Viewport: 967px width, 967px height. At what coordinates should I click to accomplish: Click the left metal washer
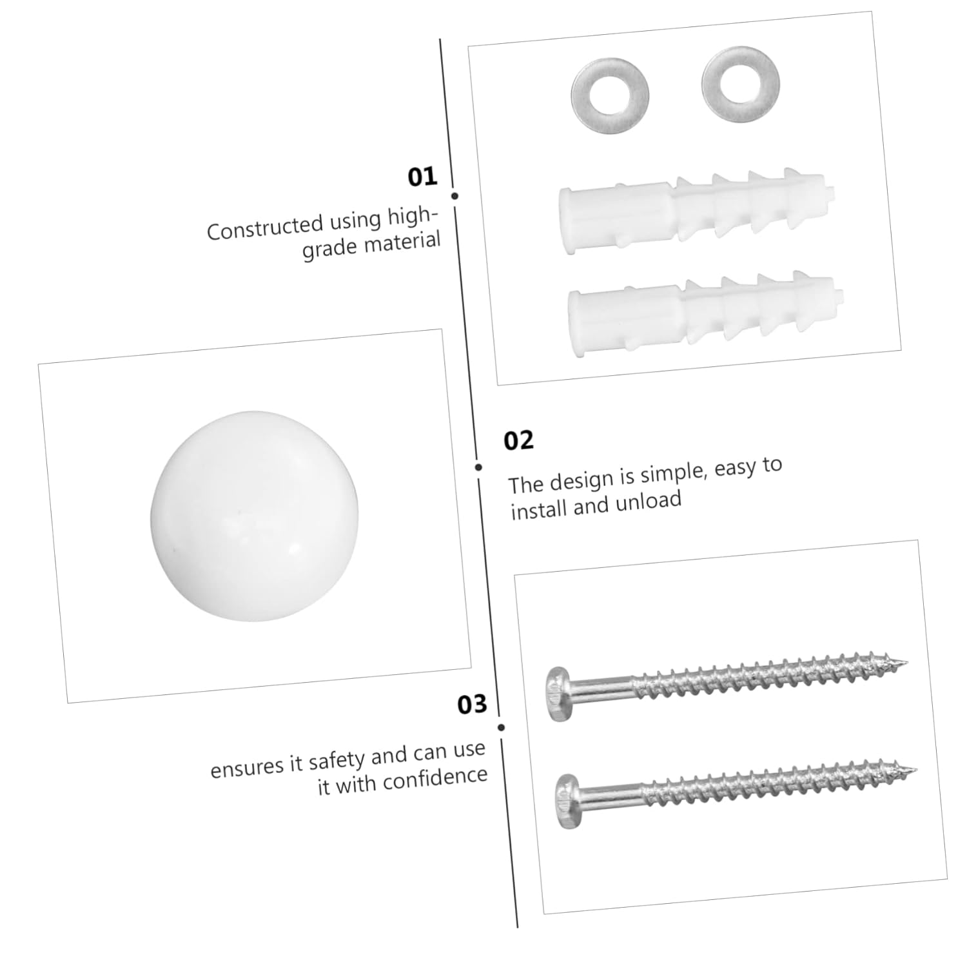coord(610,95)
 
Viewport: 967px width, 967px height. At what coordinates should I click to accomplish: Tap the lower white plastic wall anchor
coord(703,316)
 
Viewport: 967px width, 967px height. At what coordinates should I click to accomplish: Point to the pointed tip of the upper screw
coord(906,662)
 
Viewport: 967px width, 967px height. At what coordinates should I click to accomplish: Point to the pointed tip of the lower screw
coord(915,768)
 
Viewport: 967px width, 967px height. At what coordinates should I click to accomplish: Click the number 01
coord(422,177)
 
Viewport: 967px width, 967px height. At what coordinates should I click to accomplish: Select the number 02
coord(518,440)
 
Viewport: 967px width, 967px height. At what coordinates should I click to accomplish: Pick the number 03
coord(472,705)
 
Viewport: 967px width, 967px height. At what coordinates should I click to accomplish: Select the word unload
coord(648,501)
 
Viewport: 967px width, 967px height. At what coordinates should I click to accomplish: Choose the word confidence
coord(435,778)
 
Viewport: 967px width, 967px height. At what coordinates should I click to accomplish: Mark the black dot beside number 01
coord(454,195)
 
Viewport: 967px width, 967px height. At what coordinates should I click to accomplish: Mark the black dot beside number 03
coord(501,727)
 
